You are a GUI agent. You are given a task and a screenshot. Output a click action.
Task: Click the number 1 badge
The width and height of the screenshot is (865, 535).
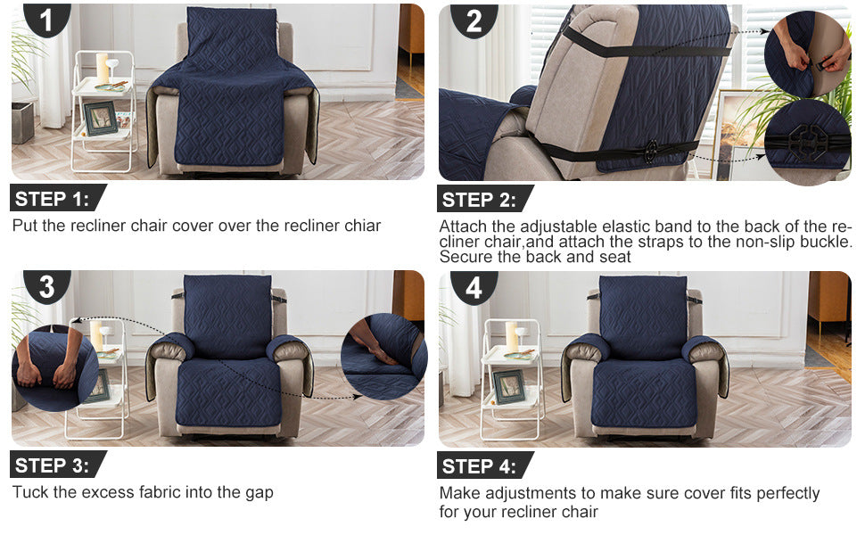[47, 20]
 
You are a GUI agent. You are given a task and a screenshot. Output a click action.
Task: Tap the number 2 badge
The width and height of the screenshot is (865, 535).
[474, 21]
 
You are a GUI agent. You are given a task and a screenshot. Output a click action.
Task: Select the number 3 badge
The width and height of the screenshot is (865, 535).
[47, 286]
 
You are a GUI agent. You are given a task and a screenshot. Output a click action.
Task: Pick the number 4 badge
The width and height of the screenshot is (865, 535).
[474, 287]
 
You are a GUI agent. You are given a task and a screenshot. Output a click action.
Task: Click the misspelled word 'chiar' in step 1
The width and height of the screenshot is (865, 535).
[362, 226]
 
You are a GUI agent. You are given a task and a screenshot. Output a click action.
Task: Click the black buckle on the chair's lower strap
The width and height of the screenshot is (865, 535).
[651, 150]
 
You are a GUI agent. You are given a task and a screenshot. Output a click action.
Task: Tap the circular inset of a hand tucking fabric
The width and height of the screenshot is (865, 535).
[384, 357]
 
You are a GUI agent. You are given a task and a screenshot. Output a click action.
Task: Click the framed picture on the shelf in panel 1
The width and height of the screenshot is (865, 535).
[101, 118]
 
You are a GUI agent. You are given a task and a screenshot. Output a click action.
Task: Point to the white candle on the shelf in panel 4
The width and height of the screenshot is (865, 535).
[512, 336]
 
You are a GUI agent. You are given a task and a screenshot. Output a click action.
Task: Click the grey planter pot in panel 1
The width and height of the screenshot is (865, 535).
[22, 122]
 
